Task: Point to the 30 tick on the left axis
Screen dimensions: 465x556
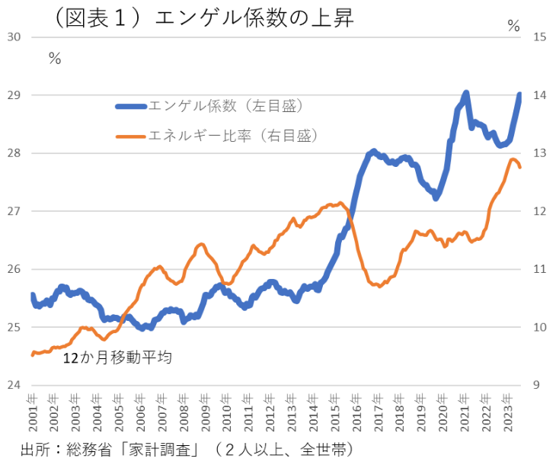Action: [13, 37]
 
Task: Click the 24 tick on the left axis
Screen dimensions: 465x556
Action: [13, 385]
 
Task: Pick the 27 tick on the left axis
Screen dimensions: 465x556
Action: [13, 211]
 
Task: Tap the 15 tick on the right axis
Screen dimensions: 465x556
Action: [539, 37]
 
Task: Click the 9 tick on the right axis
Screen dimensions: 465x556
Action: [536, 385]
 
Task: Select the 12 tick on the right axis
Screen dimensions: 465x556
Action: [539, 211]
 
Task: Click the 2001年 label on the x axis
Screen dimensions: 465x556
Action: [32, 412]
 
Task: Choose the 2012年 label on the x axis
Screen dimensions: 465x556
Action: [270, 412]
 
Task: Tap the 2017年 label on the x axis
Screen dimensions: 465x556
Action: [379, 412]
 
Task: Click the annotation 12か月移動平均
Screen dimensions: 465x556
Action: [116, 356]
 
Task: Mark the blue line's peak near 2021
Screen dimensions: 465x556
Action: [465, 92]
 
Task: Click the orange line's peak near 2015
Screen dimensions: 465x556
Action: [340, 203]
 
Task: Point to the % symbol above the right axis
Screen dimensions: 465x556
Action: [513, 27]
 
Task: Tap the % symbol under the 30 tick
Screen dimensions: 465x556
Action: [54, 58]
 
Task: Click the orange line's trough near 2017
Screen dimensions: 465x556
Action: [379, 285]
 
